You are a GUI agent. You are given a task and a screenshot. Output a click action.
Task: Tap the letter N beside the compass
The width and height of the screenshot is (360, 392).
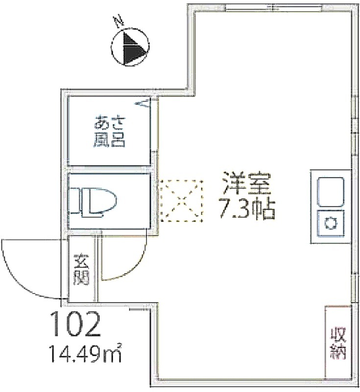tap(119, 21)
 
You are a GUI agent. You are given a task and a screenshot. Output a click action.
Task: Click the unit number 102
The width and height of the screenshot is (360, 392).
tap(76, 324)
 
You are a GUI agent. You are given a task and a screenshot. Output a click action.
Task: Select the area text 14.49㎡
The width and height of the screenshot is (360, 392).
tap(86, 353)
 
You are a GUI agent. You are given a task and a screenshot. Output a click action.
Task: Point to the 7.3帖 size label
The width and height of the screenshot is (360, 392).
tap(247, 209)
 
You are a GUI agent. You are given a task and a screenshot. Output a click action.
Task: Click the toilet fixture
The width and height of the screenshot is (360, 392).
tap(94, 201)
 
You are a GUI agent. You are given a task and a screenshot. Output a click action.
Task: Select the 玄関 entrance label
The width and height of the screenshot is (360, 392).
tap(81, 269)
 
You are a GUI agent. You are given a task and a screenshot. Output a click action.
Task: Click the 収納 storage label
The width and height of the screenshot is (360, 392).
tap(338, 343)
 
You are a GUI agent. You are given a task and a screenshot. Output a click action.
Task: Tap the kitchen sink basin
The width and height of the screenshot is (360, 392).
tap(331, 192)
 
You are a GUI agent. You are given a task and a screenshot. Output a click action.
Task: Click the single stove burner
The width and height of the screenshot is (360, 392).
tap(331, 223)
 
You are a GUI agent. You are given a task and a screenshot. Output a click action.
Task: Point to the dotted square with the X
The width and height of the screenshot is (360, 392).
tap(181, 201)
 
